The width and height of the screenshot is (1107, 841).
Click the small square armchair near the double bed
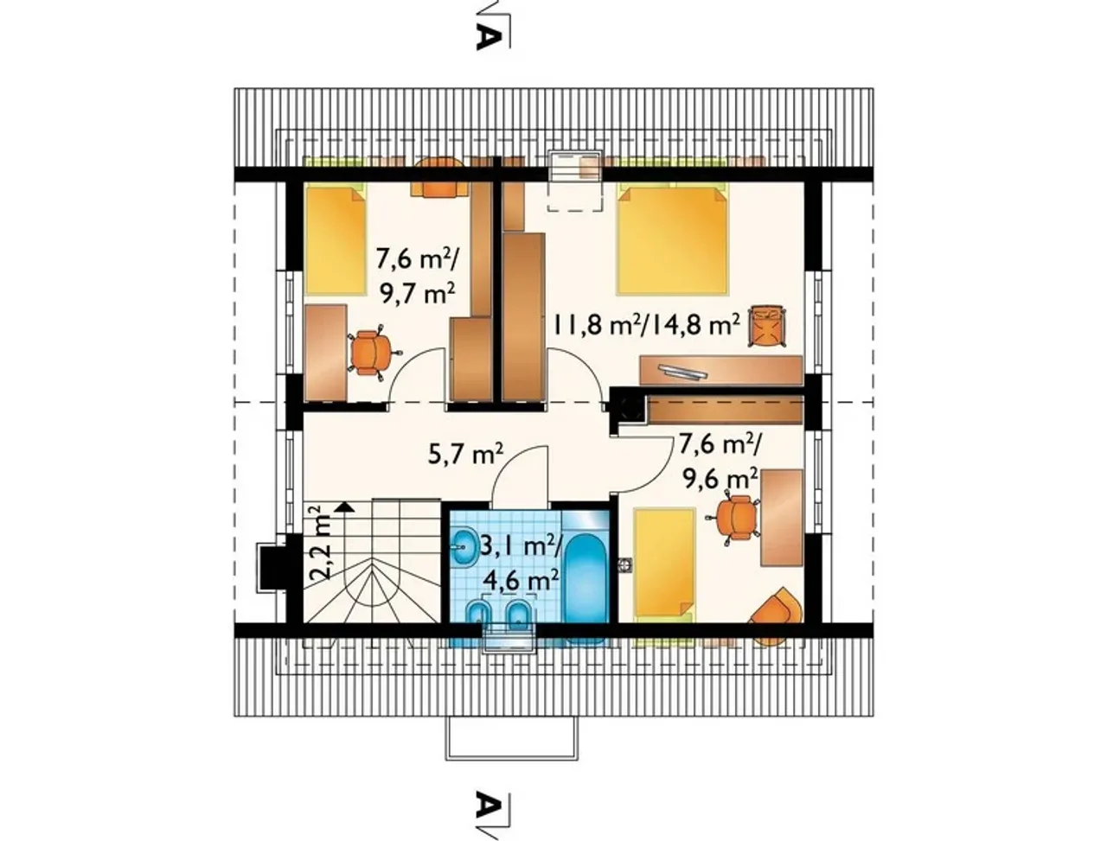pyautogui.click(x=766, y=326)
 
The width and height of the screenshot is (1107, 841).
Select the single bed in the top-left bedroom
pyautogui.click(x=335, y=240)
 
